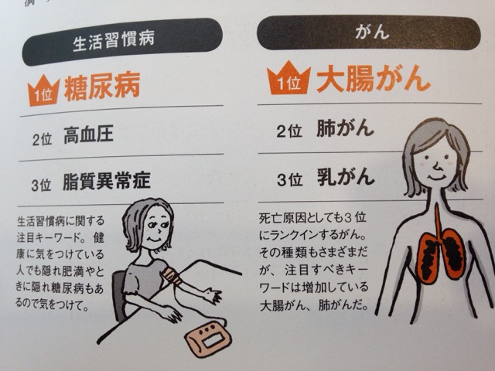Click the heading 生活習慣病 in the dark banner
click(114, 41)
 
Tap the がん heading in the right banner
click(372, 32)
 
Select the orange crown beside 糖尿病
click(43, 91)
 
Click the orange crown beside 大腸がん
click(288, 79)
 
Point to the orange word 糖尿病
click(102, 87)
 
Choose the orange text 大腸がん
click(374, 78)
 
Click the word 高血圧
click(88, 135)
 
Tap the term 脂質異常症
click(107, 181)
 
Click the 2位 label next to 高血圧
click(42, 138)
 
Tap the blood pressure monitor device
click(208, 339)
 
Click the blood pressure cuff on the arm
click(172, 275)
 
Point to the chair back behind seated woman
click(120, 294)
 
